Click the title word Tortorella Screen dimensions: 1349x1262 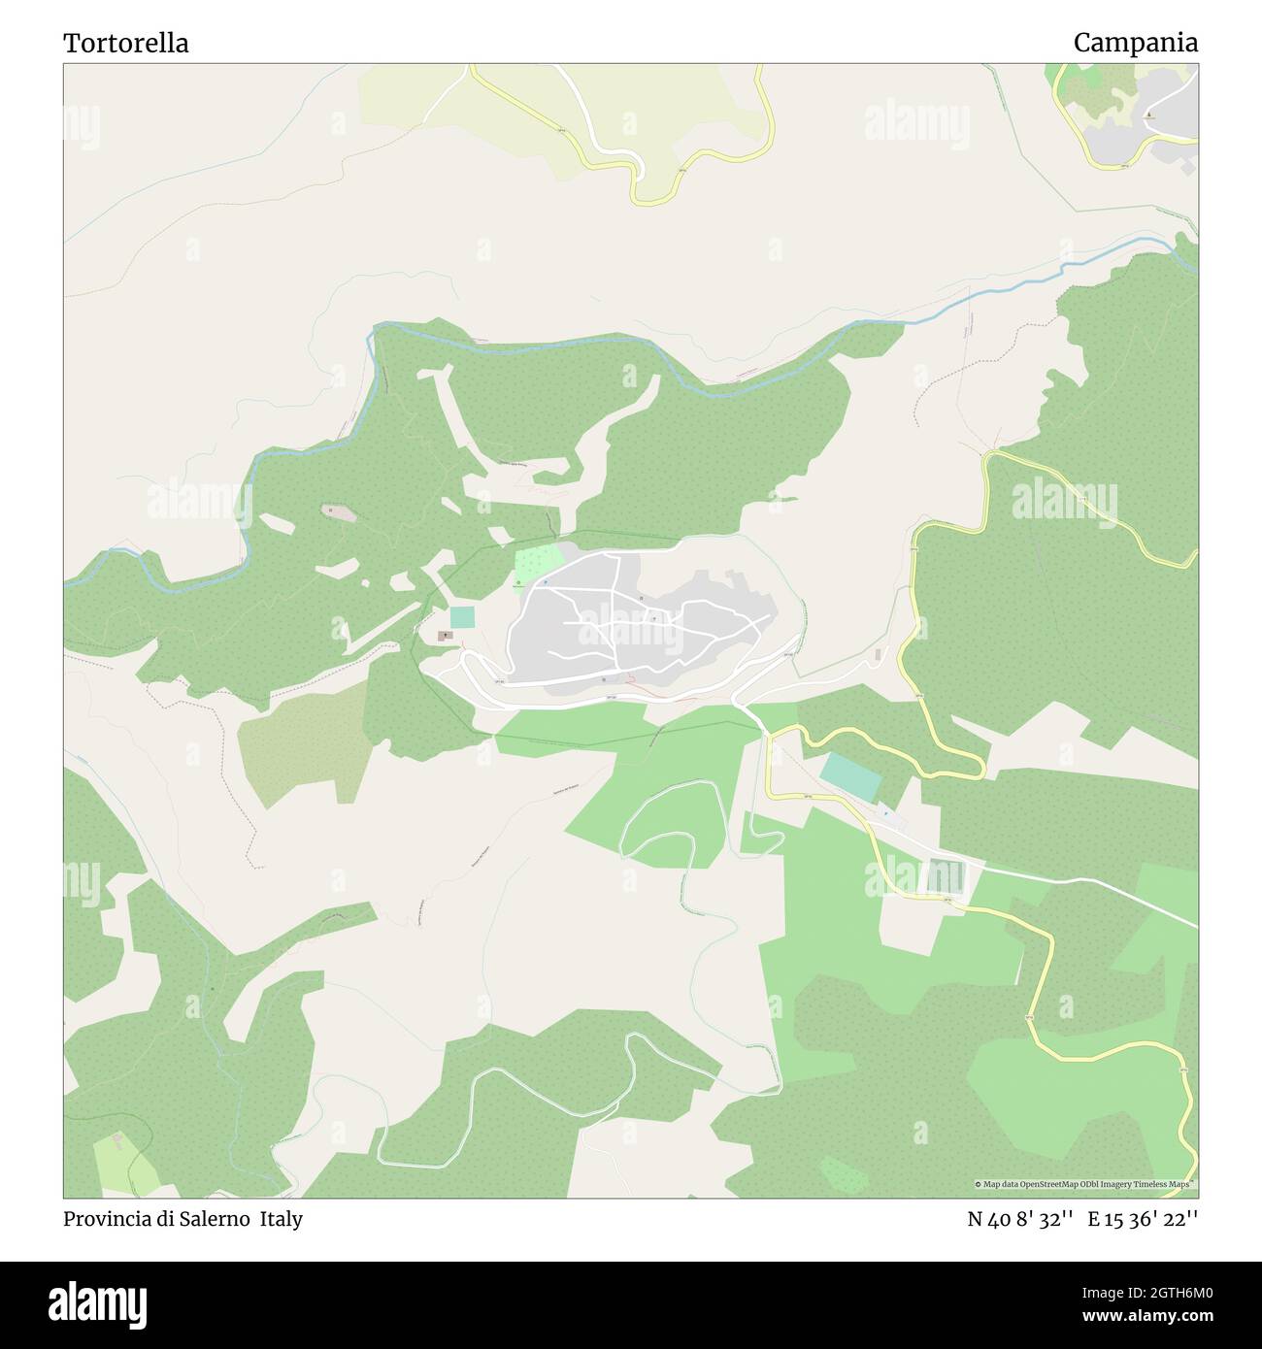126,44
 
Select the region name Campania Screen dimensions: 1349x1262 1135,44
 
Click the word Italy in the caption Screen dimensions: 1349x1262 281,1219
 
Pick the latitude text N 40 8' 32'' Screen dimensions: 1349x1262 1019,1219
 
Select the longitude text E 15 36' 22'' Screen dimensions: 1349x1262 1143,1219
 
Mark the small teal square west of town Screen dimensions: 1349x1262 462,617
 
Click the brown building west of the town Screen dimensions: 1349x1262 446,636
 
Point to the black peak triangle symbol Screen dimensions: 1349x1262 1150,115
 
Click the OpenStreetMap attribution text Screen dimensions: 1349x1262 1085,1184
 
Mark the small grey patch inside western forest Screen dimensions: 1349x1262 338,510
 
